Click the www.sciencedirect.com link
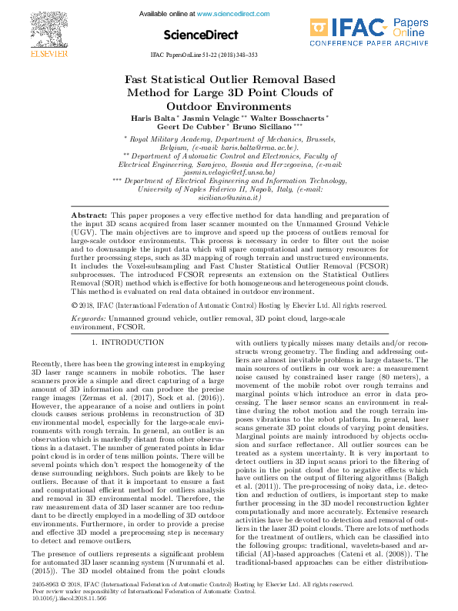coord(228,14)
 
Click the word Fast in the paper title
coord(139,79)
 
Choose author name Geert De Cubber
coord(184,129)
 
